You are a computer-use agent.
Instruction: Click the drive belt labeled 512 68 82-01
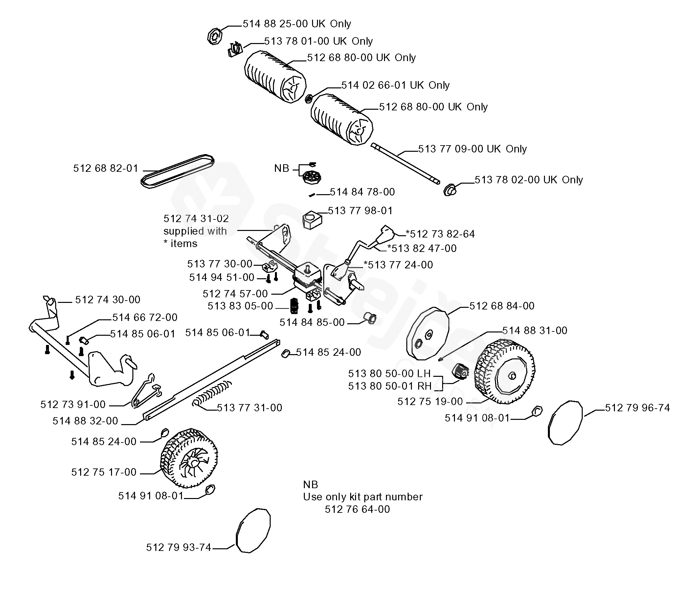[177, 171]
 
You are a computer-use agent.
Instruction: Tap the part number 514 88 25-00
[275, 24]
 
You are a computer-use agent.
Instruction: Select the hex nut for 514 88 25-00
[215, 36]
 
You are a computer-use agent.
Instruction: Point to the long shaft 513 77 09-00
[405, 164]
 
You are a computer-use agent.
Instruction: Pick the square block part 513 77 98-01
[312, 219]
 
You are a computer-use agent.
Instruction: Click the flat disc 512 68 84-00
[428, 333]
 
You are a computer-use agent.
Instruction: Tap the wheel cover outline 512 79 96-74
[565, 423]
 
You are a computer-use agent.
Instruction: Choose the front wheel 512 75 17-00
[189, 458]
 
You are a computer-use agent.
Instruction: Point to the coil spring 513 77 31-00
[212, 393]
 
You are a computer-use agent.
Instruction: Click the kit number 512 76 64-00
[357, 509]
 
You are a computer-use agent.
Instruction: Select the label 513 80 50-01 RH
[390, 386]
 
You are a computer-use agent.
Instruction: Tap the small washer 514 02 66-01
[309, 99]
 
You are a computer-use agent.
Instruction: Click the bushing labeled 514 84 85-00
[371, 318]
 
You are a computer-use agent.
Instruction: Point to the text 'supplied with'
[195, 231]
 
